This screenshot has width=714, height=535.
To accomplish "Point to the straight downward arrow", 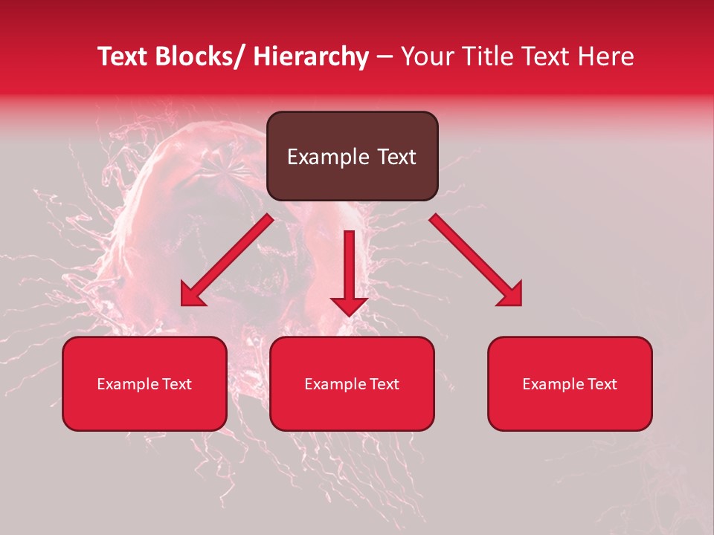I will tap(349, 271).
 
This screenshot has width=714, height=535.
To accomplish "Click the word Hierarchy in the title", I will tap(311, 57).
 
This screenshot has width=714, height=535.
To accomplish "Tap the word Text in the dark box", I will tap(395, 157).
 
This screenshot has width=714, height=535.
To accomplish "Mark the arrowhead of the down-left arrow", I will tap(192, 295).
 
